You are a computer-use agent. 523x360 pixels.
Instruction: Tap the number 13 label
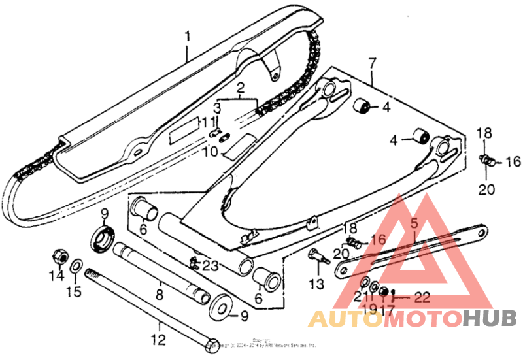[x=316, y=284]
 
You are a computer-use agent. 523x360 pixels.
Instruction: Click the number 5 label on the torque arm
[x=413, y=223]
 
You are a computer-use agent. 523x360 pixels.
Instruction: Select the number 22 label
[x=422, y=298]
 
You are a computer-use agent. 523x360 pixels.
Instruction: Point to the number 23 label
[x=210, y=265]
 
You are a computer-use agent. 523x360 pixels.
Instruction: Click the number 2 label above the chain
[x=240, y=88]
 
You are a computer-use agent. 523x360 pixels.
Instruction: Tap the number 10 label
[x=209, y=152]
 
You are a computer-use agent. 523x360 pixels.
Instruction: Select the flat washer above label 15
[x=76, y=265]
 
